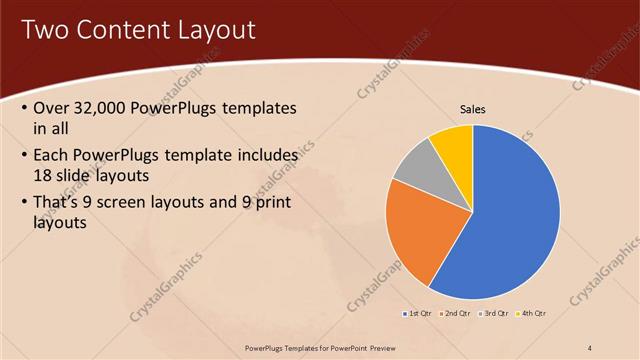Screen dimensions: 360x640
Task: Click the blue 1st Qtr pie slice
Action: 510,220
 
